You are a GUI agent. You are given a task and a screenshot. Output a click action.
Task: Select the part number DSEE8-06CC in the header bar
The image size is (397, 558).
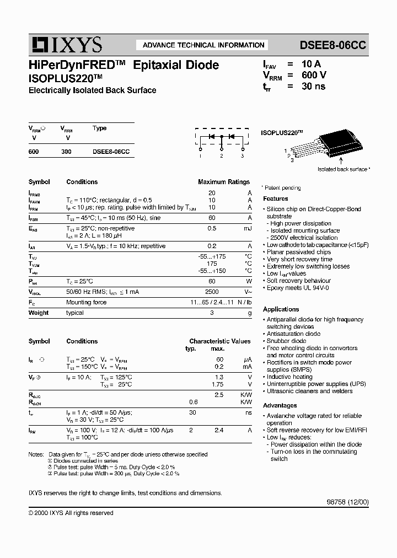click(332, 45)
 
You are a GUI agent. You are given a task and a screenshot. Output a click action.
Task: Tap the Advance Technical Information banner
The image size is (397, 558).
click(203, 45)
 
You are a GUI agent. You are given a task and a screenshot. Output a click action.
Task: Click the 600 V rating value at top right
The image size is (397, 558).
click(314, 75)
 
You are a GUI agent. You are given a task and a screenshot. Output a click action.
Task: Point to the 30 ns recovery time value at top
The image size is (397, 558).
click(313, 87)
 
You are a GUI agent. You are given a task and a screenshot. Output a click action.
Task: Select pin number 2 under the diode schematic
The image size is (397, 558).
click(221, 156)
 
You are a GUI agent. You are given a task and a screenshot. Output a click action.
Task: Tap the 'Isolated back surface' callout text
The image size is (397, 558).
click(342, 169)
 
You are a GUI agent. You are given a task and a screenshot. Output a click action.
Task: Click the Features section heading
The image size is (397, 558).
click(275, 198)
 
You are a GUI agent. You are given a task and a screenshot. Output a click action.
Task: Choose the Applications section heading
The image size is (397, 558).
click(281, 309)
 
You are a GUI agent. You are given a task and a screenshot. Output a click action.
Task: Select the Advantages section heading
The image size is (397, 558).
click(280, 405)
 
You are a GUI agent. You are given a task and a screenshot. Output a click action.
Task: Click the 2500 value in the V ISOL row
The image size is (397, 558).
click(212, 292)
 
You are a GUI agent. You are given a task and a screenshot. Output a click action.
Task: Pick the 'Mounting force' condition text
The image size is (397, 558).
click(86, 303)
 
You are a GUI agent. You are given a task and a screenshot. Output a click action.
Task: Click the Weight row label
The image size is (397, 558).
click(39, 313)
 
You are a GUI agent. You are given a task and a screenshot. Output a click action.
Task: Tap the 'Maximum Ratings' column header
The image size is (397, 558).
click(223, 182)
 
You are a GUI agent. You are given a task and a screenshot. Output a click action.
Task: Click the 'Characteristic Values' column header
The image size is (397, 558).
click(219, 341)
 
